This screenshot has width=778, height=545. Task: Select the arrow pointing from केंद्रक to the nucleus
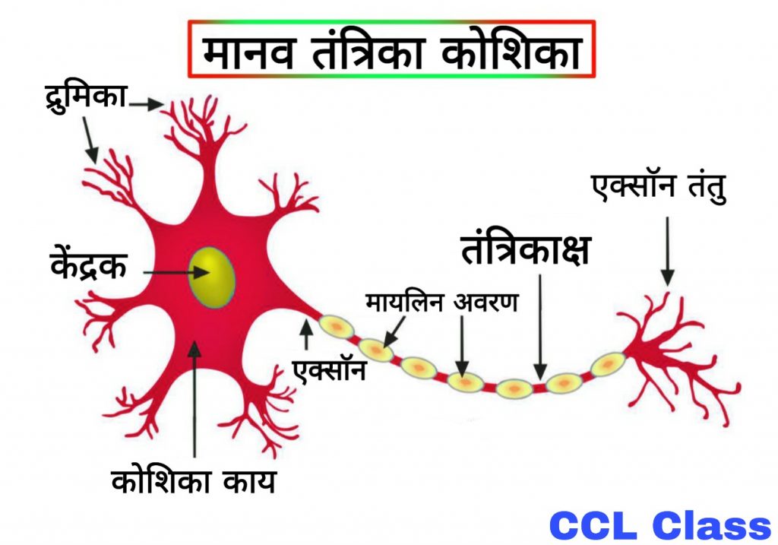(x=171, y=271)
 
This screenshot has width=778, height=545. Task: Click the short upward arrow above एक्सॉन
(x=306, y=335)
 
